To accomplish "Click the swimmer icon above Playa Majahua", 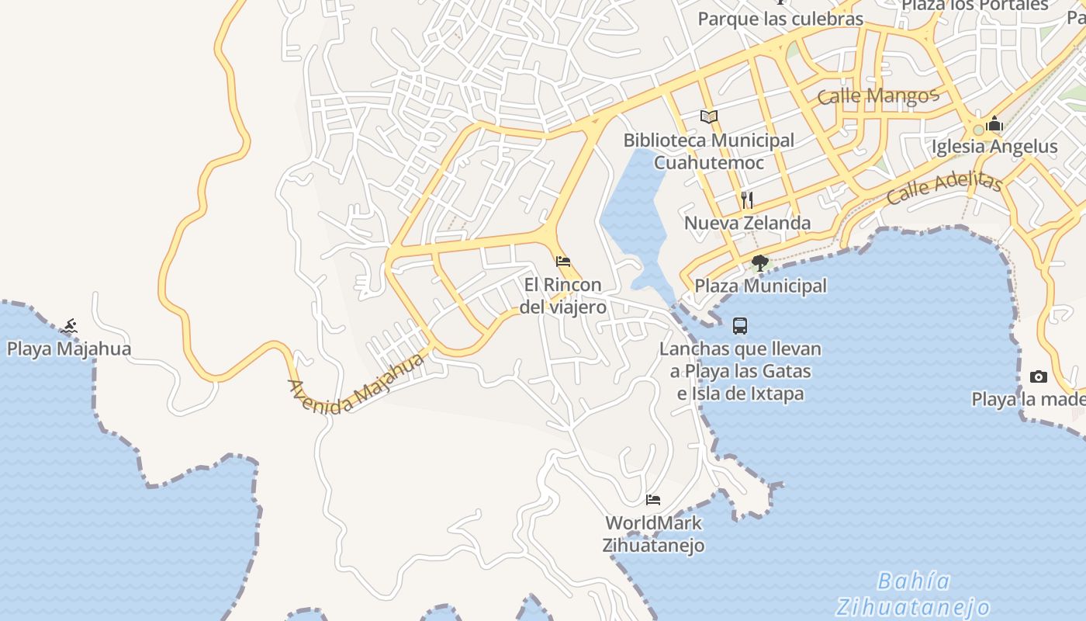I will [70, 326].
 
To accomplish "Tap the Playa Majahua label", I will [69, 349].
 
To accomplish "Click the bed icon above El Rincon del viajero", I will [563, 261].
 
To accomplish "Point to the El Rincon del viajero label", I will [562, 296].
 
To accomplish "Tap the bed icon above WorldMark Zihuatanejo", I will [653, 499].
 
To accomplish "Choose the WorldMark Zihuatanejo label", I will [653, 534].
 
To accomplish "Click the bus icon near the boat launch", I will [740, 326].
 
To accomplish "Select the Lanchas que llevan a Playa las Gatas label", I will [740, 371].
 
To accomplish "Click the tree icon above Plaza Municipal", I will [760, 262].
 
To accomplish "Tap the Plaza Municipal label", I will [760, 286].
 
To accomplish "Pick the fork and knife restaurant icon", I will [747, 199].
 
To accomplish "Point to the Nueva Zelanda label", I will [747, 224].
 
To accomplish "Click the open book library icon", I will [709, 117].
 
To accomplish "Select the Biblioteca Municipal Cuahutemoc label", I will [709, 151].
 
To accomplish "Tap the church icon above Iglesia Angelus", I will [994, 124].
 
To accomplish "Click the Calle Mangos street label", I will [878, 96].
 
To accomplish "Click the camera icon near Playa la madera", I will [1039, 377].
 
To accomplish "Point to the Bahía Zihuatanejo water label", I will [913, 594].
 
